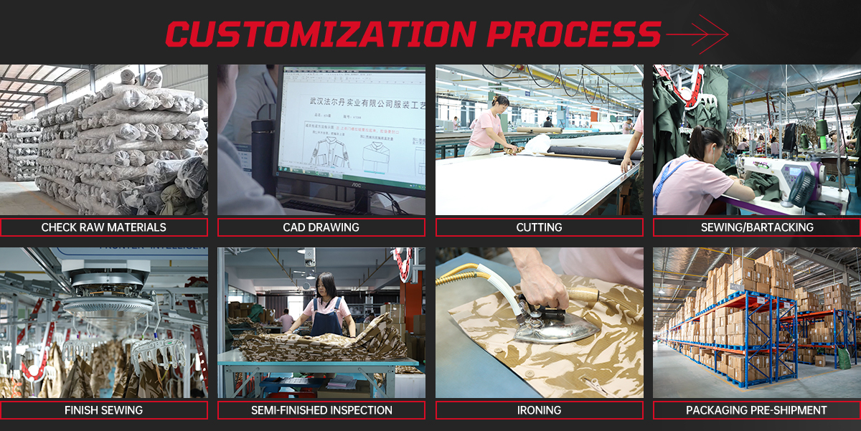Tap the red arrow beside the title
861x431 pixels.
coord(697,34)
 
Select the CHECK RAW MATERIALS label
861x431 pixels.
coord(104,227)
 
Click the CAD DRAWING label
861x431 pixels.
coord(321,227)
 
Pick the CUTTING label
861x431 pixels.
coord(539,227)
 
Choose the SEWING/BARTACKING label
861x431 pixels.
coord(757,227)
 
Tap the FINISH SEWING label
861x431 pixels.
coord(104,410)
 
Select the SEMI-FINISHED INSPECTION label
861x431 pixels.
coord(321,410)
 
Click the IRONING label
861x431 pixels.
coord(539,410)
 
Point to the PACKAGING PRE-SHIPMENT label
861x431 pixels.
coord(757,410)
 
